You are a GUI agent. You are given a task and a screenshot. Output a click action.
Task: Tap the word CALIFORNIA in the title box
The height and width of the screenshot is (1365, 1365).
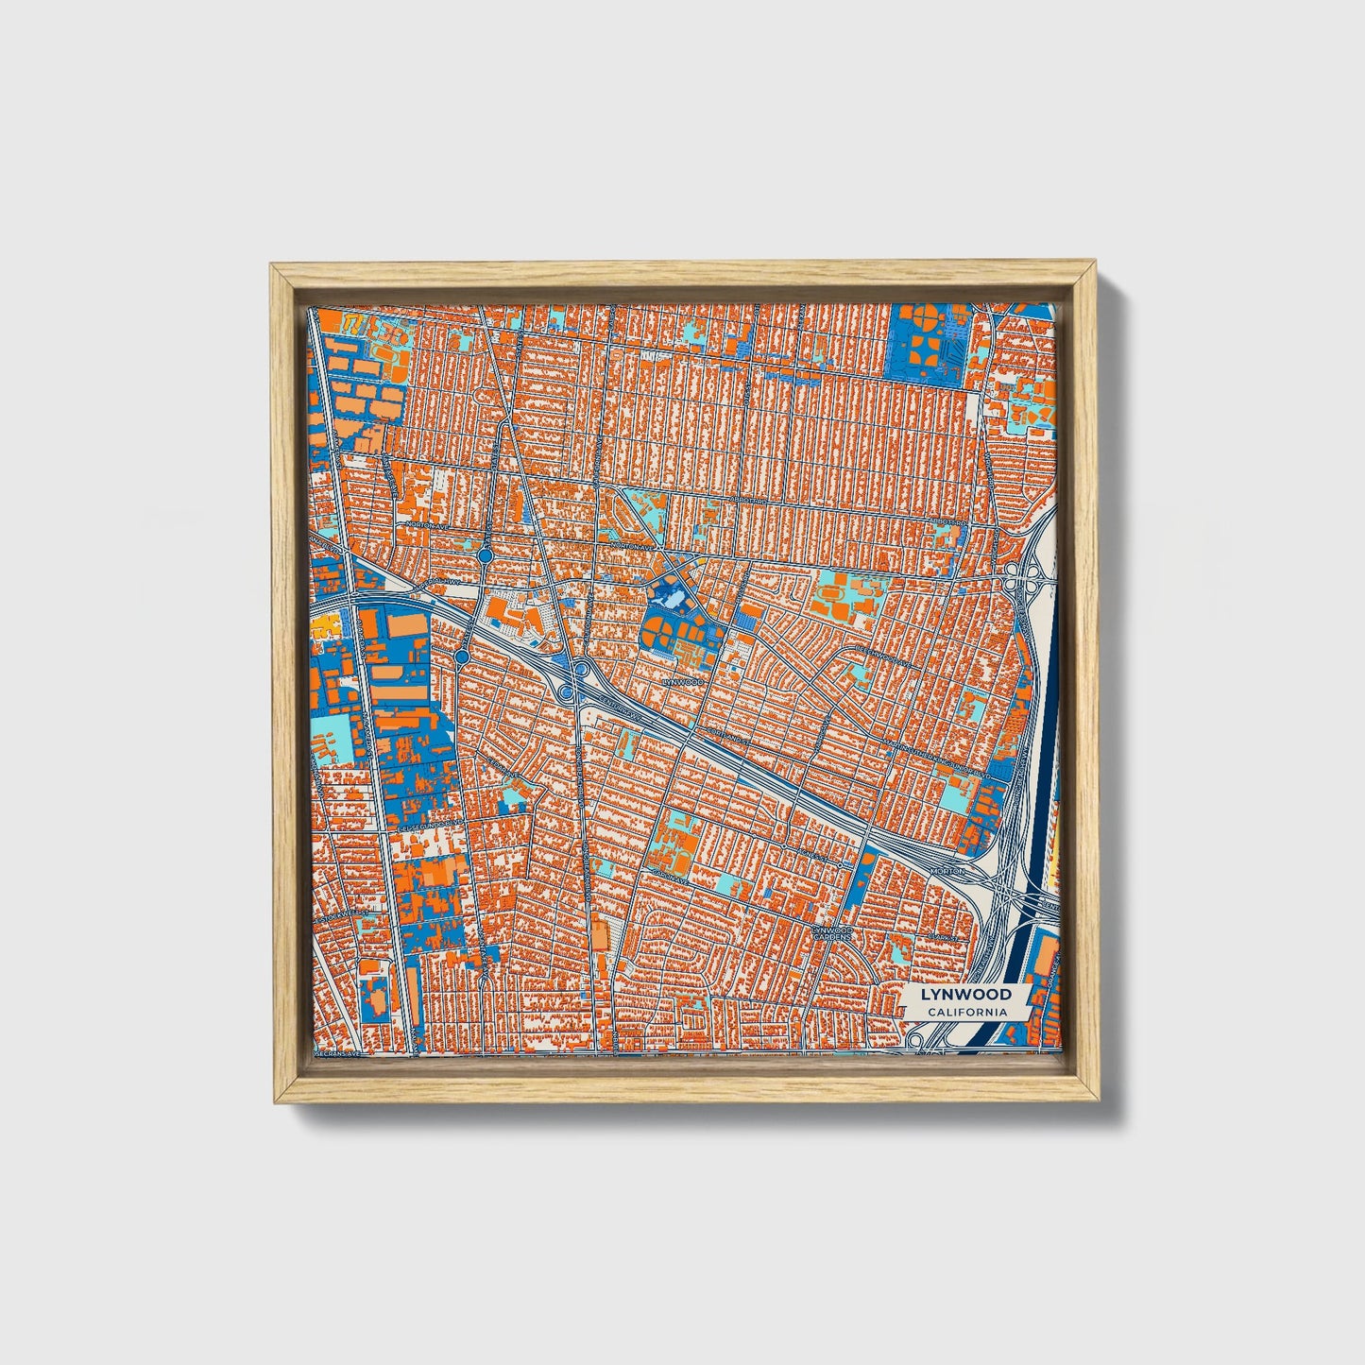click(965, 1012)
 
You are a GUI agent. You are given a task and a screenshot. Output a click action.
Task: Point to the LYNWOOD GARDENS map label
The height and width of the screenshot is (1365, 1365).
click(832, 934)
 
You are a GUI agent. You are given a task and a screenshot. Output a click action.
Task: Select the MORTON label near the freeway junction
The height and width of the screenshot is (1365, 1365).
click(947, 870)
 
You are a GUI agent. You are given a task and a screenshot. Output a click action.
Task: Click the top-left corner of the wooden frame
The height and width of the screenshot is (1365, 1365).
click(271, 266)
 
